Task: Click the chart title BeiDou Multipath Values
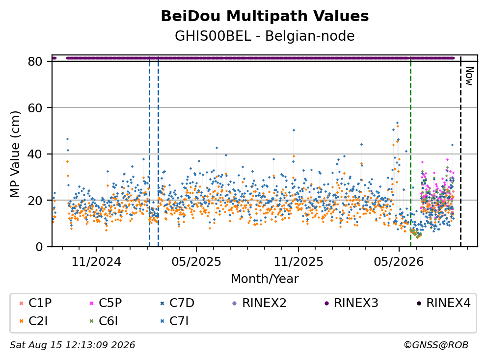pos(265,16)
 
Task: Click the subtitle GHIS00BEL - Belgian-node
pos(265,36)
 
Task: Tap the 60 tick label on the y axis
pos(35,108)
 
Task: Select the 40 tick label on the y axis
pos(35,154)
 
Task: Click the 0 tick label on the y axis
pos(39,247)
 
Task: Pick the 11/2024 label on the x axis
pos(96,262)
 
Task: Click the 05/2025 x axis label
pos(196,262)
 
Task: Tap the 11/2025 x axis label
pos(298,262)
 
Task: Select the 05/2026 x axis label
pos(399,262)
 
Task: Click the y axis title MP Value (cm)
pos(15,154)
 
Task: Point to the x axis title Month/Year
pos(265,279)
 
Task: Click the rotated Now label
pos(469,76)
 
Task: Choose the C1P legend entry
pos(35,303)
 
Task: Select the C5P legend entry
pos(106,303)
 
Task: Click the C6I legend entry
pos(104,321)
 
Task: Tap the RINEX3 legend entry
pos(352,303)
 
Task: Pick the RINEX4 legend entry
pos(443,303)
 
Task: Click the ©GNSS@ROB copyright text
pos(436,345)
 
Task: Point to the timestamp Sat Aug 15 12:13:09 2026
pos(72,345)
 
